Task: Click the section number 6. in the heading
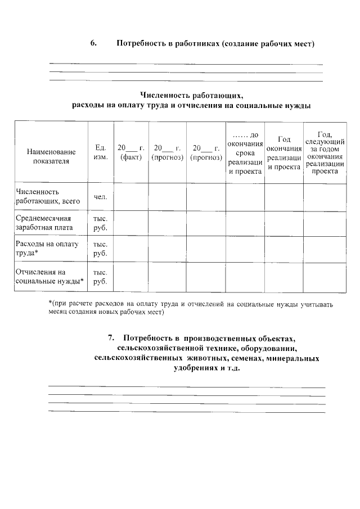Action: point(93,43)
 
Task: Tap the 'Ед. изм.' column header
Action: point(100,152)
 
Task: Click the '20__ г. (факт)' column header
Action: point(130,152)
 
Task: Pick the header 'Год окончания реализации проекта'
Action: point(284,152)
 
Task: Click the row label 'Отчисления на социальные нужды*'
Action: point(49,276)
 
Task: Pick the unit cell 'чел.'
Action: point(100,196)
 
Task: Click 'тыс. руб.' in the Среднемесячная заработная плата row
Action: point(100,223)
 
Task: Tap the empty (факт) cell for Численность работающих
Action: point(130,196)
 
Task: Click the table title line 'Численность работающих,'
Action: point(191,95)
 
